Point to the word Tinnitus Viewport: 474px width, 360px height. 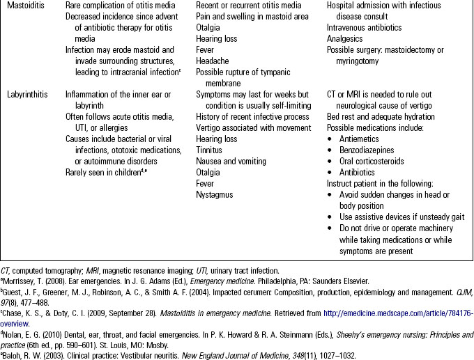pyautogui.click(x=210, y=150)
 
